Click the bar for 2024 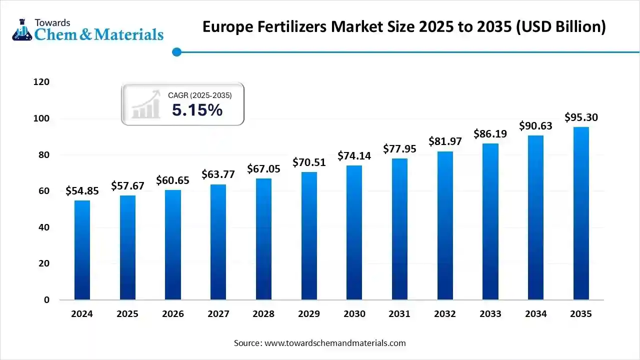tap(82, 250)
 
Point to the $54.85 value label tap(82, 190)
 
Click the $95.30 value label tap(581, 117)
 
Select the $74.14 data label tap(354, 155)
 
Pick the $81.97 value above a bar tap(445, 141)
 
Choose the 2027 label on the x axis tap(218, 314)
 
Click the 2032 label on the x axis tap(444, 314)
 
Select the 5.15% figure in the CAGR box tap(197, 110)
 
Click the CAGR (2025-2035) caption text tap(199, 94)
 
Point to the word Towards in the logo tap(52, 22)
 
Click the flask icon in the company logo tap(21, 30)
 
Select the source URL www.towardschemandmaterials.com tap(335, 343)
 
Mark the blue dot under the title tap(176, 51)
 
